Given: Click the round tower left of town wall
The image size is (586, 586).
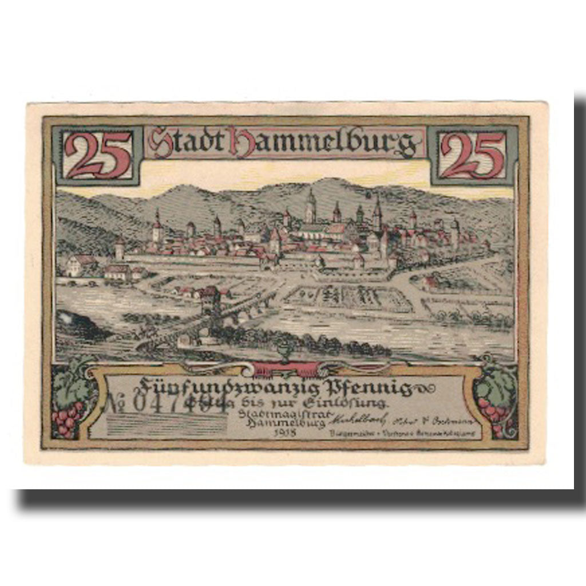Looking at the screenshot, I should [119, 249].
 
